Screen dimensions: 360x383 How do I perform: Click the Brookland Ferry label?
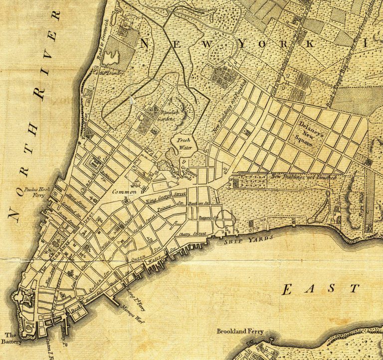pos(240,331)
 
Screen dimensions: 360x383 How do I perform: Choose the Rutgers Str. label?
pos(210,217)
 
